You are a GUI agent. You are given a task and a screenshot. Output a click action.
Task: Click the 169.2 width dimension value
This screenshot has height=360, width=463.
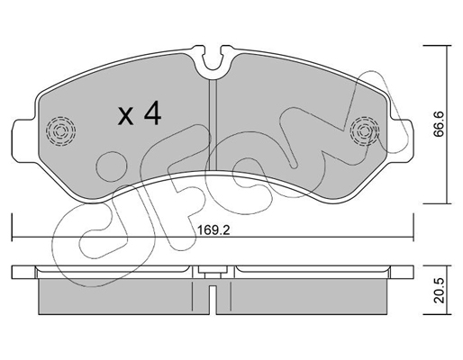[213, 230]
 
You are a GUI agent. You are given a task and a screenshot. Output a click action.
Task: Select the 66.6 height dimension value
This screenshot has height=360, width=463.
[439, 124]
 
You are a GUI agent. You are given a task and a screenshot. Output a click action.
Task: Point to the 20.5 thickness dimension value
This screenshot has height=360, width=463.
[439, 290]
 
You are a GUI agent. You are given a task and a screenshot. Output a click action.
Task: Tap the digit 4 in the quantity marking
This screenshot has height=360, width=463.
[153, 112]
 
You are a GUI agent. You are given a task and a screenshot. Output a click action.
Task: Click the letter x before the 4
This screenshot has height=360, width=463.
[125, 116]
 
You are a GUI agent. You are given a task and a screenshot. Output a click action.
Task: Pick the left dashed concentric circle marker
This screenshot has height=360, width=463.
[60, 131]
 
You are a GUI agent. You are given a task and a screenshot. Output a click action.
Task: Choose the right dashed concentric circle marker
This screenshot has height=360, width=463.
[365, 131]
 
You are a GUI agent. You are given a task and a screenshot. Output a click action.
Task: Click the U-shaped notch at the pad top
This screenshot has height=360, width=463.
[213, 61]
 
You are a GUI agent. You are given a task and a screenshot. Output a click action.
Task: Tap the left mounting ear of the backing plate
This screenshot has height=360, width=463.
[25, 141]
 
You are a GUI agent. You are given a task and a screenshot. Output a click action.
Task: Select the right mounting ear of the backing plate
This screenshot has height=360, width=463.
[401, 140]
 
